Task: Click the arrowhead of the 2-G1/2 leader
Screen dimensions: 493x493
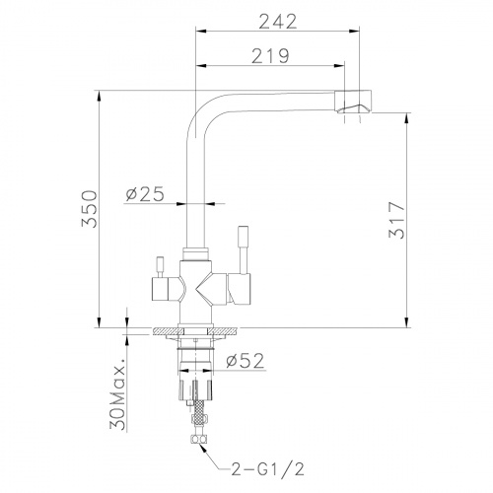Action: (202, 447)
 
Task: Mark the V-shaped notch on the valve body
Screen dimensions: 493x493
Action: (213, 290)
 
